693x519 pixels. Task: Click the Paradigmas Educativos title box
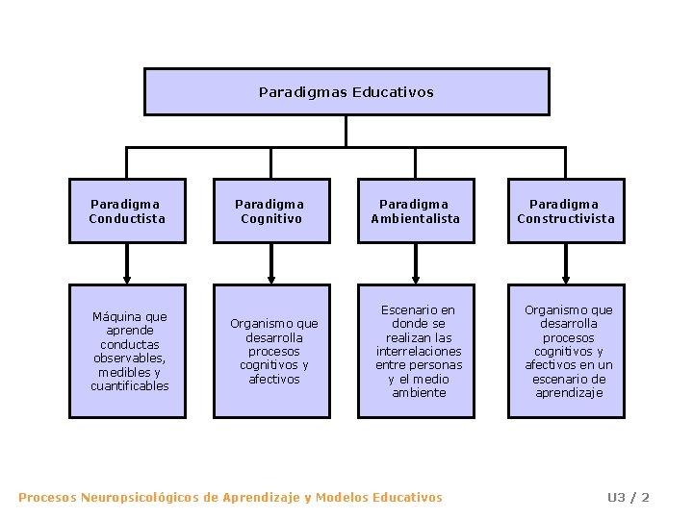(x=346, y=92)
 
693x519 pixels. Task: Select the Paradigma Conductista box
(x=127, y=211)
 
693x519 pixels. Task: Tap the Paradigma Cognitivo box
(x=271, y=211)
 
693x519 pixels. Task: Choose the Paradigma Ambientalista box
(x=416, y=211)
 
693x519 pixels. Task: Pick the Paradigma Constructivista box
(x=566, y=211)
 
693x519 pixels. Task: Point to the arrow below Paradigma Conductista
(x=127, y=264)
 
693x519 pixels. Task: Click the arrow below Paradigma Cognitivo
(x=271, y=264)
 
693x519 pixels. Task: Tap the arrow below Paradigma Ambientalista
(x=416, y=264)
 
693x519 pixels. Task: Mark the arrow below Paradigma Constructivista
(x=566, y=264)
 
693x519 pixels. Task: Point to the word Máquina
(x=116, y=316)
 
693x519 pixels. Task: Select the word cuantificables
(x=130, y=386)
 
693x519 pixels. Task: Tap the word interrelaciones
(x=419, y=351)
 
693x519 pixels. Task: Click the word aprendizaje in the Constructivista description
(x=569, y=393)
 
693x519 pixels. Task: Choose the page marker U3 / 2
(x=628, y=497)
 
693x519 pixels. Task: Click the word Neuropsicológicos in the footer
(x=141, y=497)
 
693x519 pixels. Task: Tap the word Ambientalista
(x=416, y=218)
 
